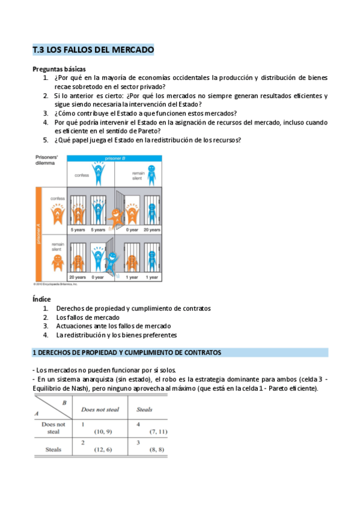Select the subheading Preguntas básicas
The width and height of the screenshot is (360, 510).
tap(59, 69)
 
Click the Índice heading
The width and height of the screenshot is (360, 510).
tap(41, 299)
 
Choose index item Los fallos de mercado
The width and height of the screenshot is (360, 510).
tap(88, 317)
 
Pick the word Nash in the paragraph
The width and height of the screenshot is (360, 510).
tap(70, 389)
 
